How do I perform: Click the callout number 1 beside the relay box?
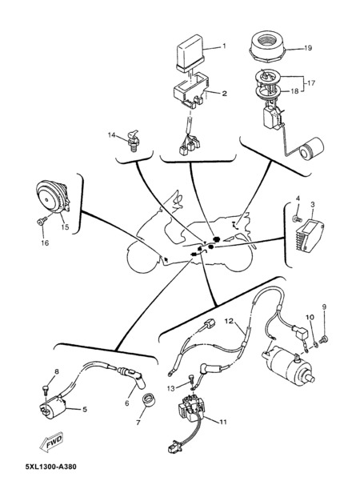pyautogui.click(x=224, y=46)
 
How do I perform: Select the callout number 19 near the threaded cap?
pyautogui.click(x=308, y=48)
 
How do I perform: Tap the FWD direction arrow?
pyautogui.click(x=51, y=442)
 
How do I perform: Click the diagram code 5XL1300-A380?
pyautogui.click(x=51, y=467)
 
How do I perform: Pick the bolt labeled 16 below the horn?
pyautogui.click(x=42, y=221)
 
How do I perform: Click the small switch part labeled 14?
pyautogui.click(x=133, y=141)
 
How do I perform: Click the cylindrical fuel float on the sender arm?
pyautogui.click(x=312, y=148)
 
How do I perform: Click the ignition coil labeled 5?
pyautogui.click(x=53, y=407)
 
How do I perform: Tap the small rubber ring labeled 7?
pyautogui.click(x=148, y=399)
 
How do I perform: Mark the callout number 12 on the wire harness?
pyautogui.click(x=229, y=322)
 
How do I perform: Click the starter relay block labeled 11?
pyautogui.click(x=190, y=407)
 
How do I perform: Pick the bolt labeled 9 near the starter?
pyautogui.click(x=323, y=339)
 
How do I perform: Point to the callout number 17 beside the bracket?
pyautogui.click(x=311, y=83)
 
